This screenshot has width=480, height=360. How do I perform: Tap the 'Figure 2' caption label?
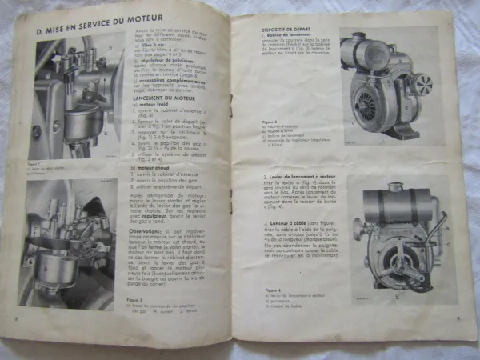(x=137, y=301)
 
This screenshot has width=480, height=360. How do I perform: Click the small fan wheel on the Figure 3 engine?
(x=422, y=82)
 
